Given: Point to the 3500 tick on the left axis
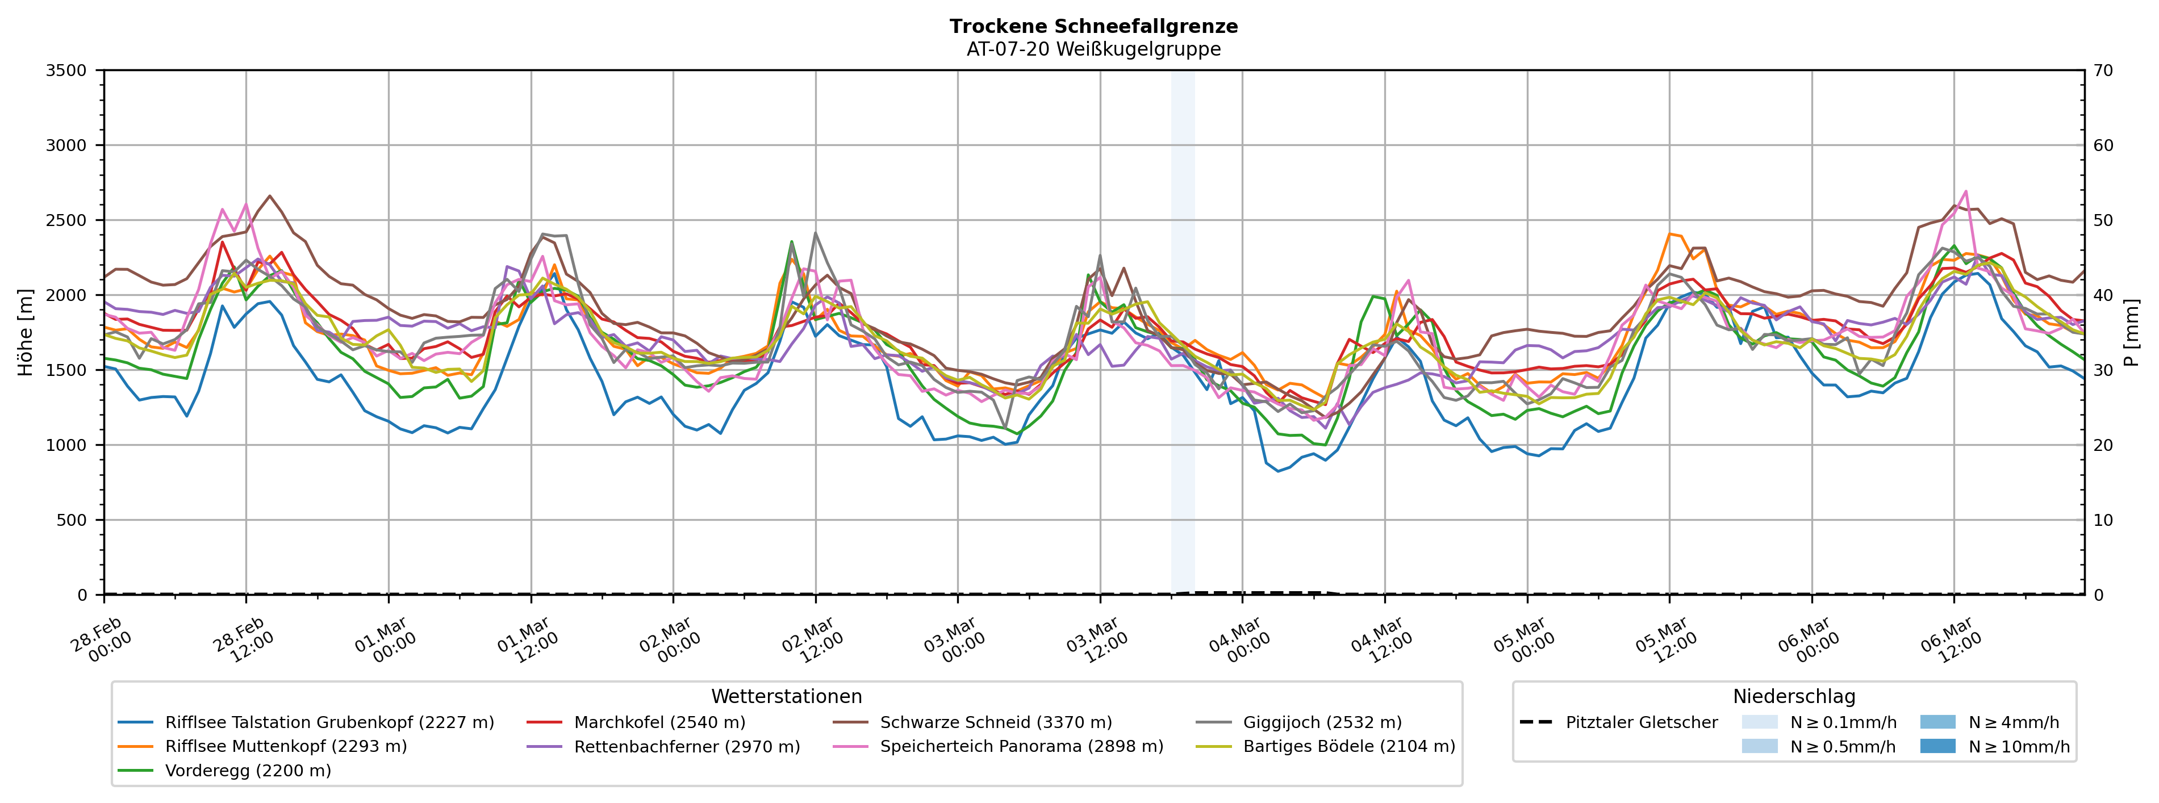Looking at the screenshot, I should pos(66,70).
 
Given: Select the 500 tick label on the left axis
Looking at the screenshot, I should pos(72,520).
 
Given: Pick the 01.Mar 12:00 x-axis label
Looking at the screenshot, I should pos(528,641).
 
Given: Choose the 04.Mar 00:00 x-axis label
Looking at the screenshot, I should pos(1239,641).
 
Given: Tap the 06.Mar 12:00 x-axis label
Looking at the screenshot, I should pos(1951,641).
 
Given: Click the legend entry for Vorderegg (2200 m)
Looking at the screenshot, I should pos(247,770).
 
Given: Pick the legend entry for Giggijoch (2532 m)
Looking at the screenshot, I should pos(1322,722).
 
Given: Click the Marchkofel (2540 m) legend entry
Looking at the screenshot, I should pos(659,722).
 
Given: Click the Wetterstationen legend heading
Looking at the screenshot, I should pos(786,697).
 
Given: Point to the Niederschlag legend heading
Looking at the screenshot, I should pos(1794,697).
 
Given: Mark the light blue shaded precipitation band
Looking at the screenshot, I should pos(1182,335).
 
